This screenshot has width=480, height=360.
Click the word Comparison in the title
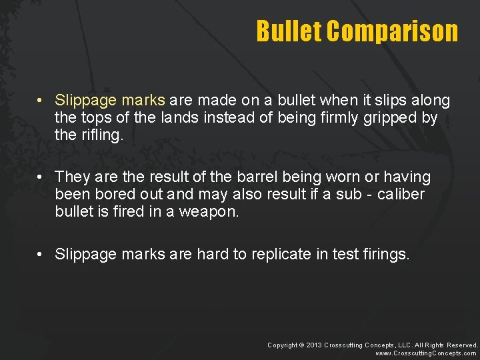click(393, 31)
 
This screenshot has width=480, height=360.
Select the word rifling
click(101, 136)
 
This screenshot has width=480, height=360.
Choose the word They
click(71, 177)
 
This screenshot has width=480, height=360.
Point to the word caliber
click(400, 195)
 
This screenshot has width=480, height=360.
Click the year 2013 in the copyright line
click(314, 345)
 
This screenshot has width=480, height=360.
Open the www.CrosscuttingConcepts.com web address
click(426, 353)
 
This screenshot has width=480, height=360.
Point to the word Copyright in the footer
click(282, 345)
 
